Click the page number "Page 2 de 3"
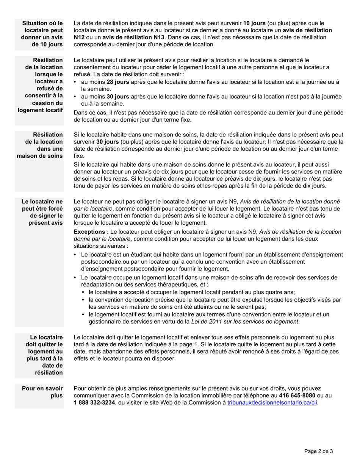(319, 451)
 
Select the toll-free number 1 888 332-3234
(94, 403)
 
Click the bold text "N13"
(157, 37)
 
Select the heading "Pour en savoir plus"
(42, 392)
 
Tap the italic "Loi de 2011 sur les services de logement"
(245, 322)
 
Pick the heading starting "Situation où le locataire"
(42, 34)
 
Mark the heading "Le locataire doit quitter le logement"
(44, 355)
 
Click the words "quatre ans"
(281, 292)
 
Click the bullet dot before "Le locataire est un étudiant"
(76, 255)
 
